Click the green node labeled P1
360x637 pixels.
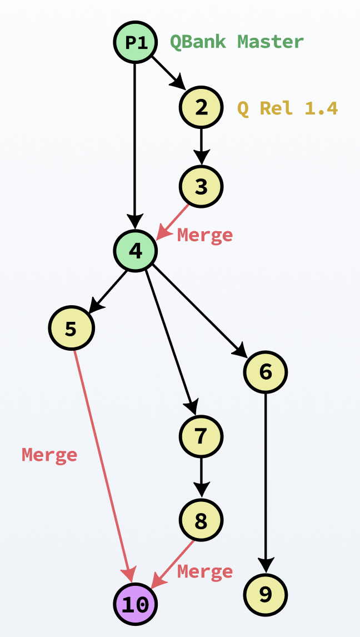135,42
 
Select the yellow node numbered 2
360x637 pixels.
201,107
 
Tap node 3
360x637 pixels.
201,187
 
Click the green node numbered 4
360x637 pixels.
135,251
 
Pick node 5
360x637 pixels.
71,329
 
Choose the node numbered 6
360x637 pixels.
266,372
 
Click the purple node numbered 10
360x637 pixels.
135,604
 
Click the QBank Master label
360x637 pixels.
237,42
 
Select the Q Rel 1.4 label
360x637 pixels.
287,107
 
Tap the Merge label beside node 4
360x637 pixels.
204,235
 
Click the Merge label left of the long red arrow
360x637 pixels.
49,455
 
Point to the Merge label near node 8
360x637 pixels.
204,571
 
